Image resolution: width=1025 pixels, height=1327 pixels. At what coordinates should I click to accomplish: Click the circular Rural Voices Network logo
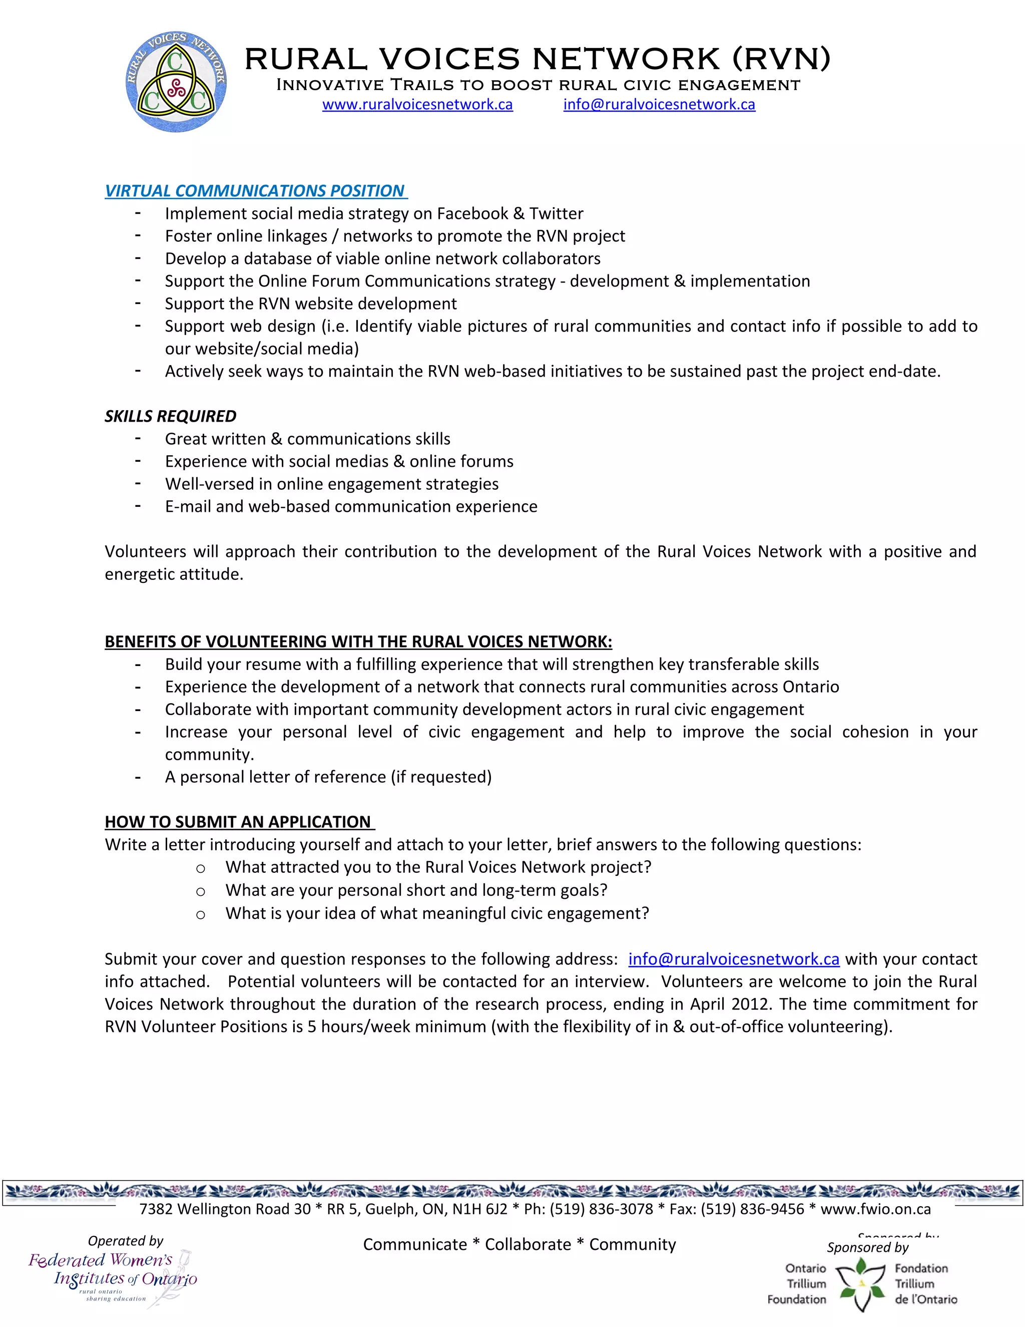[x=176, y=82]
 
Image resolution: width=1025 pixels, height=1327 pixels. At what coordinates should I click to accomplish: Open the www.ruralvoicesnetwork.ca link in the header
[x=417, y=105]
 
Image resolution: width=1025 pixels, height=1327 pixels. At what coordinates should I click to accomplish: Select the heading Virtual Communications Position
[x=255, y=191]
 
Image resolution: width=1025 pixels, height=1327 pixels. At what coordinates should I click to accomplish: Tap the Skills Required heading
[x=171, y=416]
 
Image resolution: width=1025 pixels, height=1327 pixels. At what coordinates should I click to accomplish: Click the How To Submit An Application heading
[x=238, y=822]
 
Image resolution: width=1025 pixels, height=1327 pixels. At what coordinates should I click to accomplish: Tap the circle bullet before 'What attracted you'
[x=200, y=869]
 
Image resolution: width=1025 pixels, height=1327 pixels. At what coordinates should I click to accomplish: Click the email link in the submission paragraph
[x=734, y=959]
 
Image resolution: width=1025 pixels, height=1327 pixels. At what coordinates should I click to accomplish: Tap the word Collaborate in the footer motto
[x=528, y=1244]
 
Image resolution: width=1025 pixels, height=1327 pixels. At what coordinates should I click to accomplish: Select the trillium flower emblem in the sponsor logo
[x=860, y=1284]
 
